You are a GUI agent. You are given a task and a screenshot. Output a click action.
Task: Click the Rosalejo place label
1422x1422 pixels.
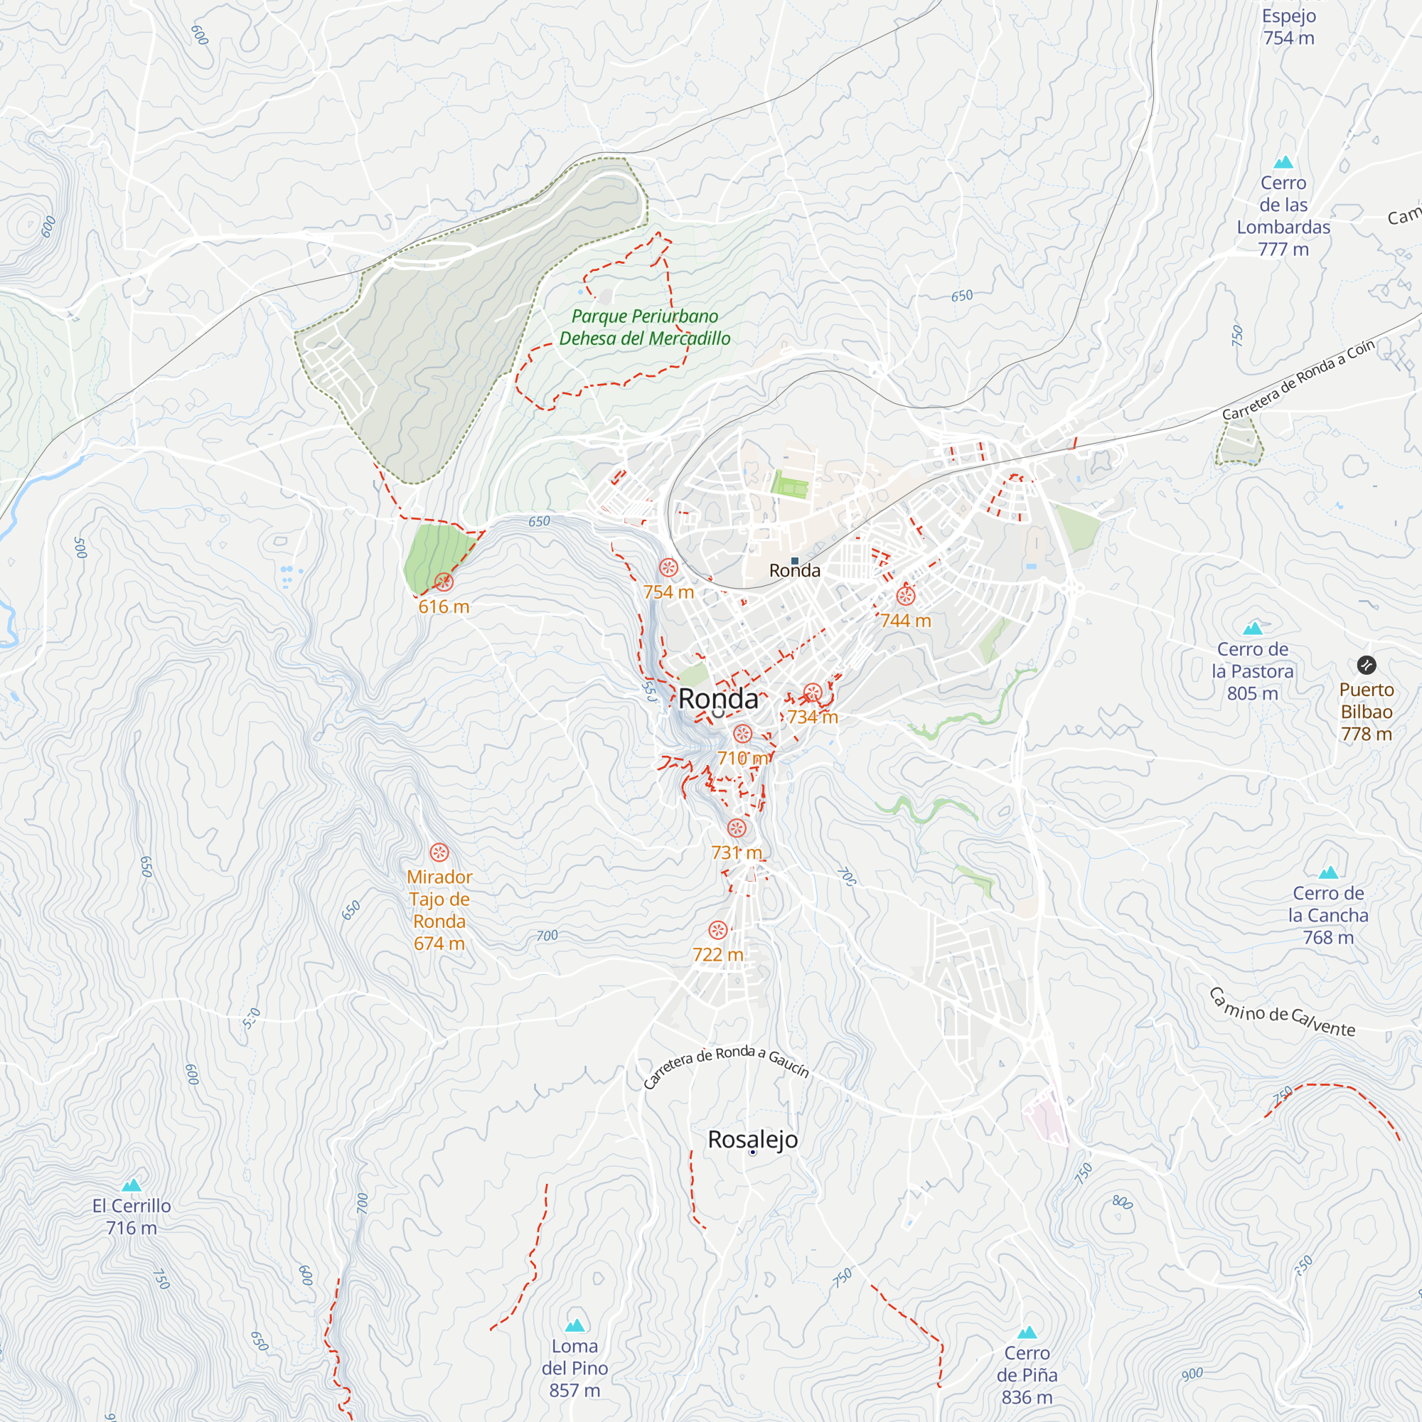[752, 1139]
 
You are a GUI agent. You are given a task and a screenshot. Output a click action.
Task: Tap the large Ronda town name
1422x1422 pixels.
[717, 699]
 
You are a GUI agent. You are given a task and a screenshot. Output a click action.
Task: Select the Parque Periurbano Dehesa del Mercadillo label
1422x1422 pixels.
[645, 328]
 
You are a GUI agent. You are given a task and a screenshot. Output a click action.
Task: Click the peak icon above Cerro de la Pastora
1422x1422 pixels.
[1252, 628]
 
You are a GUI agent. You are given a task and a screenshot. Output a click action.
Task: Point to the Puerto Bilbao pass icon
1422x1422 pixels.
[1366, 665]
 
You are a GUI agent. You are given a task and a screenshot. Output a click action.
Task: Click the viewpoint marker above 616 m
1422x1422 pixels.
[444, 582]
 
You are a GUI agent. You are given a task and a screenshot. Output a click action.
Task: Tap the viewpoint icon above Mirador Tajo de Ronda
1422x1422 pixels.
[439, 853]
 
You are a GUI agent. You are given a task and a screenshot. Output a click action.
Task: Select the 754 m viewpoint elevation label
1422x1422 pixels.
[668, 592]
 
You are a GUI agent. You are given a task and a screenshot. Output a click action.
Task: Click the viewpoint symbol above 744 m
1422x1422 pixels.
[905, 597]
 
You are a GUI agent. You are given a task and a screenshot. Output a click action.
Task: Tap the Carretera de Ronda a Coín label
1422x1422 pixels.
[1298, 380]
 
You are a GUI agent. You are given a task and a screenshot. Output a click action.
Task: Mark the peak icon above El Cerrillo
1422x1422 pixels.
[131, 1185]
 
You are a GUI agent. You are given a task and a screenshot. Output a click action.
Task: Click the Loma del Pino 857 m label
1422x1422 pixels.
[574, 1367]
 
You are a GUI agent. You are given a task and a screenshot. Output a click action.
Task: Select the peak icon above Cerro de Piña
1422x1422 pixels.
[1027, 1332]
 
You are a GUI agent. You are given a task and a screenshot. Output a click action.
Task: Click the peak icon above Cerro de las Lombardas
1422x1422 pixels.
[1283, 162]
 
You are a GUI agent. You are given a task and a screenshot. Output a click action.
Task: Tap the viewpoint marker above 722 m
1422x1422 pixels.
[717, 930]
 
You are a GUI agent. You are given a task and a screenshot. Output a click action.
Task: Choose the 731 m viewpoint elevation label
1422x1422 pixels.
[736, 852]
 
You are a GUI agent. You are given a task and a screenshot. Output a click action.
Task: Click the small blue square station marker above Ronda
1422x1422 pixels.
[795, 561]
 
